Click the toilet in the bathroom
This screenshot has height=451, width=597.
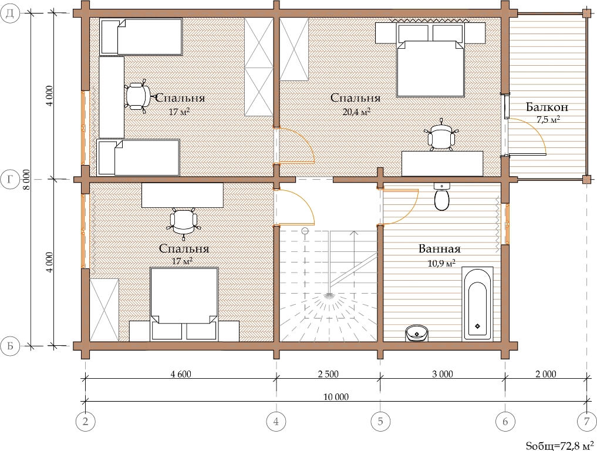(441, 197)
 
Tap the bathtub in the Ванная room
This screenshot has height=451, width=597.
(477, 304)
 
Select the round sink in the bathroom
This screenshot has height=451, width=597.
(417, 334)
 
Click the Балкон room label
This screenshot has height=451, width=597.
(547, 107)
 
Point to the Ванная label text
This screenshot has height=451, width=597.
(439, 249)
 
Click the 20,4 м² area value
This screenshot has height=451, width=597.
(356, 112)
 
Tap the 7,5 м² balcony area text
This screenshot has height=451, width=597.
(548, 120)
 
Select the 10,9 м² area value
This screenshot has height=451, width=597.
(441, 263)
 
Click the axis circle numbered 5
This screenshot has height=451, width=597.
(380, 421)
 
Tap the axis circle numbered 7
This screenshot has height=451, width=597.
(586, 421)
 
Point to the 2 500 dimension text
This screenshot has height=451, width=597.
(328, 374)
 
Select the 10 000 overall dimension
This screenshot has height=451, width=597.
(336, 397)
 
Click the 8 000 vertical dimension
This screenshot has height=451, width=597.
(26, 180)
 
